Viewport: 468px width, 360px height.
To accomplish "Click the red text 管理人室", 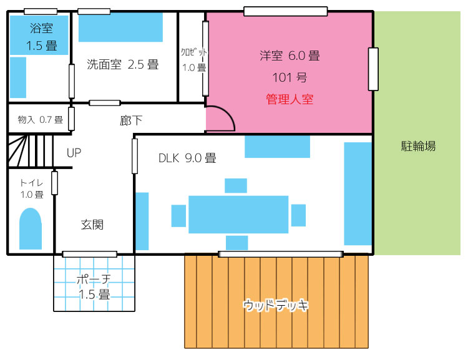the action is click(x=289, y=99).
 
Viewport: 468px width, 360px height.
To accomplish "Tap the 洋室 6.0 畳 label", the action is click(x=290, y=56).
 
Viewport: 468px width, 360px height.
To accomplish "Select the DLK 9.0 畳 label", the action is click(x=187, y=158).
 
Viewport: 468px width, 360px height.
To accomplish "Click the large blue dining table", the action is click(x=238, y=215).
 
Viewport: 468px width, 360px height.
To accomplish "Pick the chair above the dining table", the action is click(x=236, y=186).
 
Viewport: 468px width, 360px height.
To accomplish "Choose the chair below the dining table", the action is click(x=236, y=243).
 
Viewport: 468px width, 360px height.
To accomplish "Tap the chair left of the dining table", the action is click(x=178, y=216).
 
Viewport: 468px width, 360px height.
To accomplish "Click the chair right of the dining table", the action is click(x=298, y=215).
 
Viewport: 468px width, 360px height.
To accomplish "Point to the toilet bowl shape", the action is click(x=31, y=228).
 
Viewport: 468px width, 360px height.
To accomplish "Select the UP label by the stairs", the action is click(x=74, y=153).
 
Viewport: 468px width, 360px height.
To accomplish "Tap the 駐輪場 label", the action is click(x=418, y=146).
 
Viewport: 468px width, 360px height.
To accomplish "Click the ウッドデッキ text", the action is click(x=275, y=305).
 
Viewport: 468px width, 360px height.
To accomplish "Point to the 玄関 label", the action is click(x=92, y=225).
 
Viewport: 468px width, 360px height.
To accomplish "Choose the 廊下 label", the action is click(x=131, y=120).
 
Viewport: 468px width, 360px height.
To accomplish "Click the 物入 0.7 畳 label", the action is click(x=41, y=120).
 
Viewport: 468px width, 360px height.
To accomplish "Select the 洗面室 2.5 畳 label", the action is click(x=123, y=64).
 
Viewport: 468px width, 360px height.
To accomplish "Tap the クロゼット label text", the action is click(x=193, y=52).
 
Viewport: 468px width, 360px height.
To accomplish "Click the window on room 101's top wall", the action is click(x=286, y=11).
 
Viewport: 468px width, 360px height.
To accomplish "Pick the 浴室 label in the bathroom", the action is click(x=41, y=28).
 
